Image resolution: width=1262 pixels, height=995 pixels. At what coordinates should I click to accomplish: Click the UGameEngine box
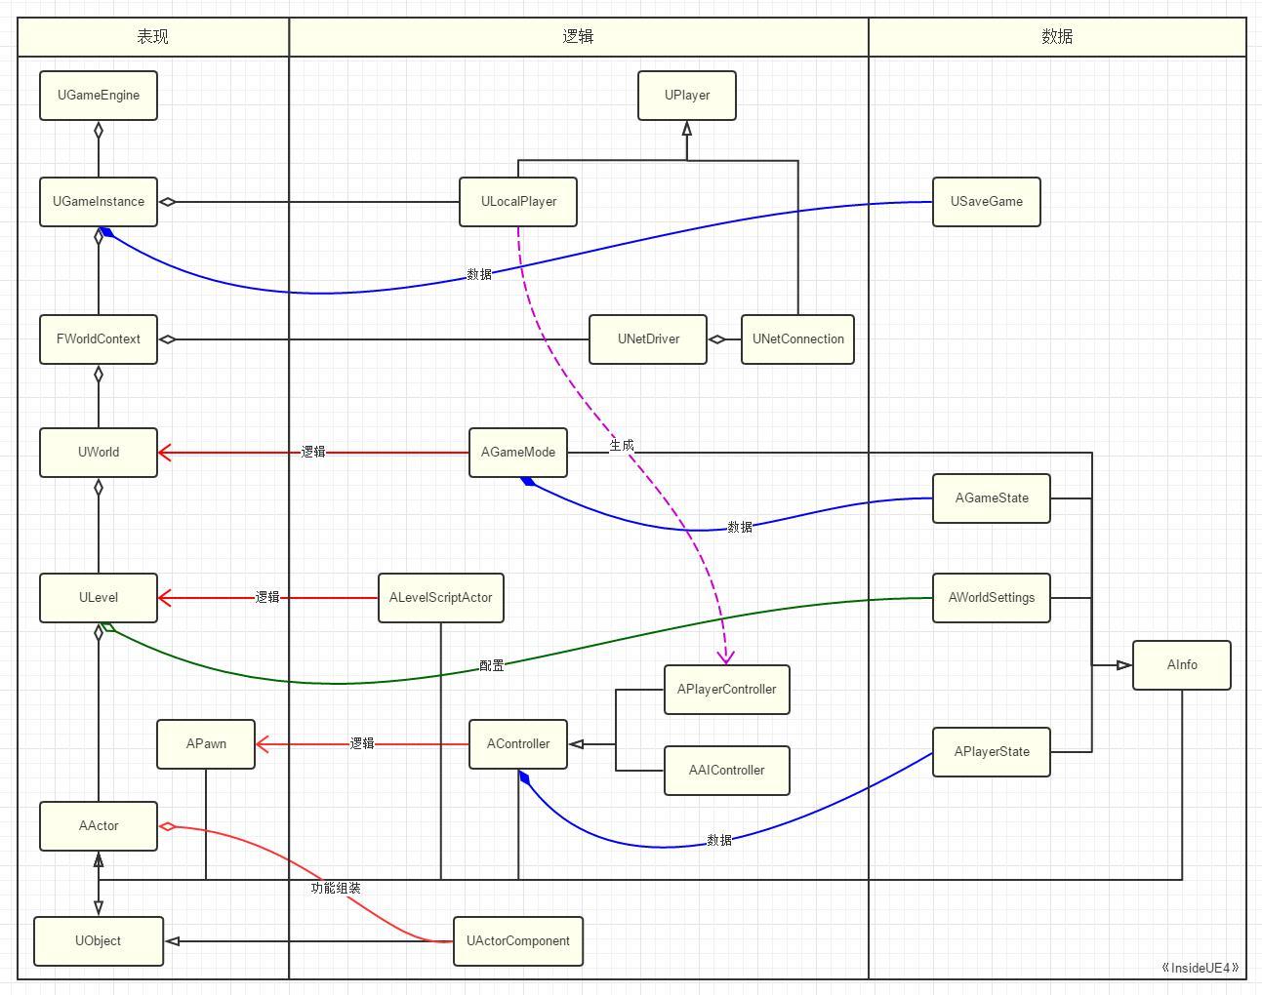[x=99, y=96]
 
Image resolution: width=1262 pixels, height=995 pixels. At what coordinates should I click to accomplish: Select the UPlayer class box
[x=687, y=96]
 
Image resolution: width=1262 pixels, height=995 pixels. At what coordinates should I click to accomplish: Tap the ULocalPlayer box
[x=518, y=202]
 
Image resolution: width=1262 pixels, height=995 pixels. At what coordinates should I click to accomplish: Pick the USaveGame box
[x=987, y=202]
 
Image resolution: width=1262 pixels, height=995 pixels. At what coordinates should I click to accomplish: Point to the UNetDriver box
[x=648, y=339]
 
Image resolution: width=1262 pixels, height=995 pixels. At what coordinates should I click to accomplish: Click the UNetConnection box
[x=797, y=339]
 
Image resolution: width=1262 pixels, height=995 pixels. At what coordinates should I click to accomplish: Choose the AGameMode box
[x=518, y=453]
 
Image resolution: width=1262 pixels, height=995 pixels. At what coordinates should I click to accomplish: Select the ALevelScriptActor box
[x=441, y=598]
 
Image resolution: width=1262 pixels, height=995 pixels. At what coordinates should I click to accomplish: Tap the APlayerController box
[x=727, y=690]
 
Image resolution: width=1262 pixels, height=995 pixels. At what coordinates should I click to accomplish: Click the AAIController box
[x=727, y=771]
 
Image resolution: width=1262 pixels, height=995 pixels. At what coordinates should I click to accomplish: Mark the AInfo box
[x=1182, y=665]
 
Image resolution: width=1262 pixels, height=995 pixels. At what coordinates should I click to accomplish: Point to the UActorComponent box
[x=518, y=941]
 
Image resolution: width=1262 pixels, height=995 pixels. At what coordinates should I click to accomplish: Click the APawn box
[x=206, y=744]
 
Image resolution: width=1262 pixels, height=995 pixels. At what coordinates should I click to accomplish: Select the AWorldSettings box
[x=992, y=598]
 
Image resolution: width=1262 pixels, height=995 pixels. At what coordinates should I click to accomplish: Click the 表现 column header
[x=153, y=37]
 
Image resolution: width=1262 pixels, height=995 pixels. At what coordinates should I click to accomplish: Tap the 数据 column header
[x=1057, y=37]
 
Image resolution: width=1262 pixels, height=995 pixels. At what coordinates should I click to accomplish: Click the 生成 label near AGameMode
[x=622, y=446]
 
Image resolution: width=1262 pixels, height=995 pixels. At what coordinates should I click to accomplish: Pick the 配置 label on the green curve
[x=492, y=666]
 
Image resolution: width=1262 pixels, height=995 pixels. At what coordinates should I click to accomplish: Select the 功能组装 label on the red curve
[x=336, y=889]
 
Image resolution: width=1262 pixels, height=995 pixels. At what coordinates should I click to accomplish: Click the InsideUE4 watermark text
[x=1201, y=969]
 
